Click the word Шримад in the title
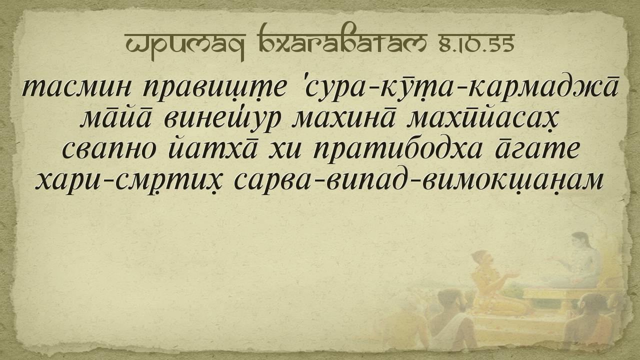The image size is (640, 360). click(185, 45)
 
